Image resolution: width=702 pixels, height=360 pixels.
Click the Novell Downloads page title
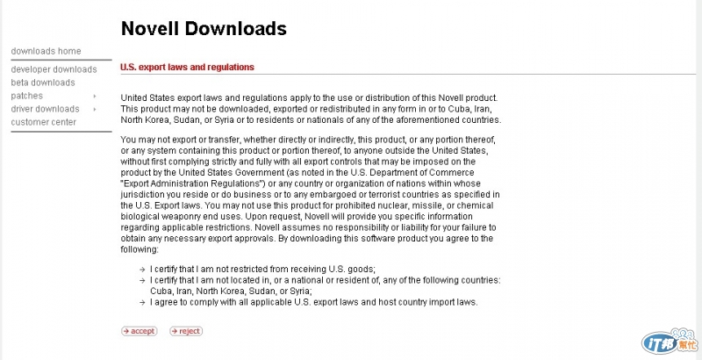204,29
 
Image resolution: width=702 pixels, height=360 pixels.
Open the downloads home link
46,51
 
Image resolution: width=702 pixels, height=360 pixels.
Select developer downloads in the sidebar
54,69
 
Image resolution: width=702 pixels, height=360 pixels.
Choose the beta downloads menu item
43,83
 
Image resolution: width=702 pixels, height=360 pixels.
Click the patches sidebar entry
26,96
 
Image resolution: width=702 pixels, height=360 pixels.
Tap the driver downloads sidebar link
45,109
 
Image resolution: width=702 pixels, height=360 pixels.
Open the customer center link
43,122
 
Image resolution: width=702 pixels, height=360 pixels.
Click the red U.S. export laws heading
187,67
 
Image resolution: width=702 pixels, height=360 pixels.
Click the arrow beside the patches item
94,96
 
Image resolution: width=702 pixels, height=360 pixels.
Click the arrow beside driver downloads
94,109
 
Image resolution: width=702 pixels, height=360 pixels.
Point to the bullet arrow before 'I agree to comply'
142,302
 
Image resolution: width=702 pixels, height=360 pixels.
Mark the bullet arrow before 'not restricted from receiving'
142,269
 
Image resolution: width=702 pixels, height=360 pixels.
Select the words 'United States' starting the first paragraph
146,97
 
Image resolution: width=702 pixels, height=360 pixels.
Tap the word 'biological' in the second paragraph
141,216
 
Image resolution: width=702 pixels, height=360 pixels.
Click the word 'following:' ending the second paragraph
139,249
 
